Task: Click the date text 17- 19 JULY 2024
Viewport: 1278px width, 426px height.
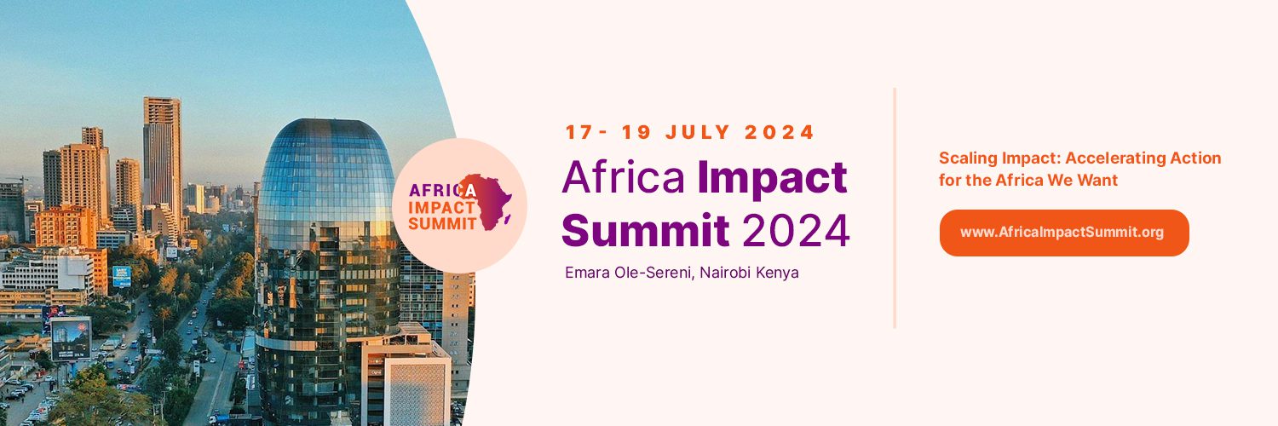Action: pos(690,133)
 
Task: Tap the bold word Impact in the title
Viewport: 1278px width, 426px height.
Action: pos(772,177)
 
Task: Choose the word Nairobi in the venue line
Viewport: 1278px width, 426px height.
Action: pos(729,273)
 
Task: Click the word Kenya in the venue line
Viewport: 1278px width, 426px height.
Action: pos(780,273)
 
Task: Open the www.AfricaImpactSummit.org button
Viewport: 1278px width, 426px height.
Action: pos(1063,233)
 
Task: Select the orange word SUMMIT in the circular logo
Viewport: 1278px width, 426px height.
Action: pos(440,223)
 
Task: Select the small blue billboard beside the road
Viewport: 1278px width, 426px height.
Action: pos(122,276)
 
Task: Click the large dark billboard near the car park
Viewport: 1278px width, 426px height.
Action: pos(70,338)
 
